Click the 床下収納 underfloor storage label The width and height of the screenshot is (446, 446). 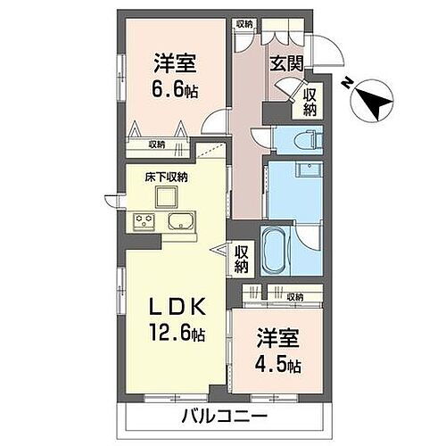[166, 177]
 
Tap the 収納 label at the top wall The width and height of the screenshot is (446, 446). [244, 24]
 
